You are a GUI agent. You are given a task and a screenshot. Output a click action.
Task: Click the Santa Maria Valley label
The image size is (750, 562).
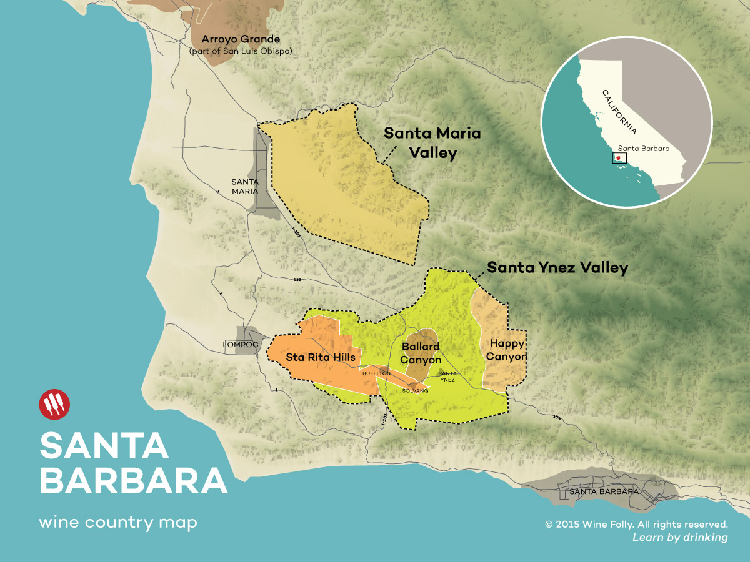coord(432,143)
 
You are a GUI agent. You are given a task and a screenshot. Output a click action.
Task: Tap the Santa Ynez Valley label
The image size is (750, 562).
coord(557,268)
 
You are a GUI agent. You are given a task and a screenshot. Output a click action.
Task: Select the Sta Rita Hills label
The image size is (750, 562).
coord(321,357)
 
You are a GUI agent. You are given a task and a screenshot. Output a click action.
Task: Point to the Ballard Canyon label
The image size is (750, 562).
coord(421,353)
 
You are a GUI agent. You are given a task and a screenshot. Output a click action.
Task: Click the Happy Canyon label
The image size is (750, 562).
coord(507,350)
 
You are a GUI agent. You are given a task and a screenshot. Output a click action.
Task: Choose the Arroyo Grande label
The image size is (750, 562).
coord(240,39)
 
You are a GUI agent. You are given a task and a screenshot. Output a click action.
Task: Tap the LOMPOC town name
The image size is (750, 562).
coord(241,344)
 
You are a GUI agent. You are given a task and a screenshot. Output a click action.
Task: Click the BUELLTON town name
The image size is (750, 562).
coord(376,373)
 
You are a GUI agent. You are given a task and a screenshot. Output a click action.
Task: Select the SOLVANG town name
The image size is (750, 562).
coord(416,390)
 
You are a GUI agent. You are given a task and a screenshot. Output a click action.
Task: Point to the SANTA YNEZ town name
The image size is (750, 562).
coord(447,376)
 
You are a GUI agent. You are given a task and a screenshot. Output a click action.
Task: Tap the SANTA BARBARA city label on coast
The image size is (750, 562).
coord(603,491)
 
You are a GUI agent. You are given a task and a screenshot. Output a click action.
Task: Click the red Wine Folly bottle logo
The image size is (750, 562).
coord(54,405)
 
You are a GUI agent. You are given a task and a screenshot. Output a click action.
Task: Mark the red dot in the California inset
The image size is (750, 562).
coord(617,159)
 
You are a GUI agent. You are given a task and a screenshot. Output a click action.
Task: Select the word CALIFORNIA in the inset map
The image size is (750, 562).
coord(619,112)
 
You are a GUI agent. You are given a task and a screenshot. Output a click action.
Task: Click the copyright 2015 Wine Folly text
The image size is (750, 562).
coord(636,525)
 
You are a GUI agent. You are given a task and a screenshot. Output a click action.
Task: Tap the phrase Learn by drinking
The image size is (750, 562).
coord(680,538)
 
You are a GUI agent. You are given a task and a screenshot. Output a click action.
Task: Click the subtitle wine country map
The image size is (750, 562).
coord(117,522)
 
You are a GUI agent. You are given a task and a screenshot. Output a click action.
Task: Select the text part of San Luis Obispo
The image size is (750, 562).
coord(240,51)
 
